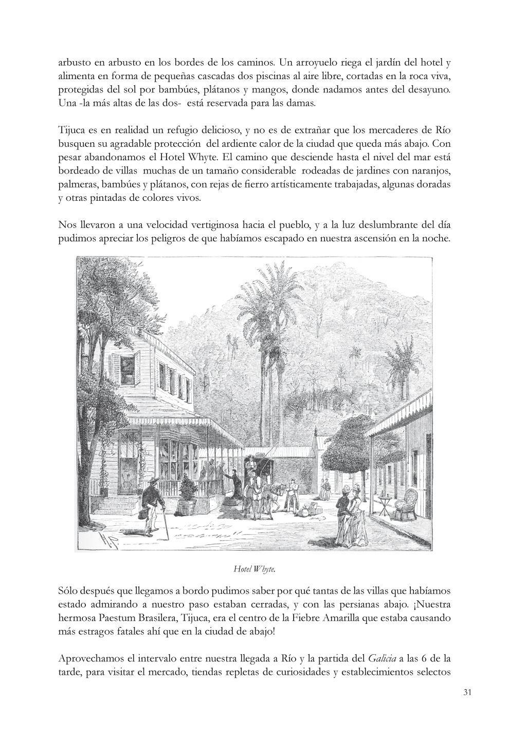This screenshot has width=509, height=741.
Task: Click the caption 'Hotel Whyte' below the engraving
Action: (254, 568)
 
